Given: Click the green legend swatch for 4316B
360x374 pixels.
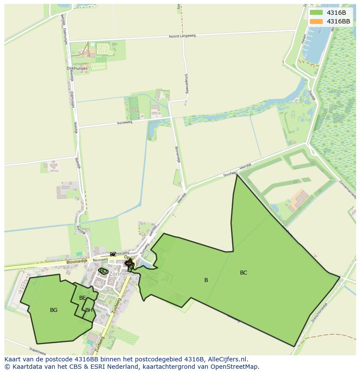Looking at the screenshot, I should [316, 13].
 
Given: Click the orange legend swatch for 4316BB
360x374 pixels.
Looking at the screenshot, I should [316, 21].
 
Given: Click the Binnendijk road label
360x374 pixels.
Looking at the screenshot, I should [177, 154].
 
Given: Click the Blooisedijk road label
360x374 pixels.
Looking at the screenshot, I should [77, 261].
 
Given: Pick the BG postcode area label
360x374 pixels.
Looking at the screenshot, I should [53, 310].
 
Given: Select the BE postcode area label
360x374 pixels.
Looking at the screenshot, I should [83, 298].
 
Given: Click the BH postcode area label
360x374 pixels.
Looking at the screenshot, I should [89, 310].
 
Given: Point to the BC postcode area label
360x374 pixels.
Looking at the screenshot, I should [243, 273].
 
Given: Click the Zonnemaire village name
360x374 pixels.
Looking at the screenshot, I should [123, 274].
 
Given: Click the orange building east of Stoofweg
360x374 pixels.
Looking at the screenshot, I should [300, 199].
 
